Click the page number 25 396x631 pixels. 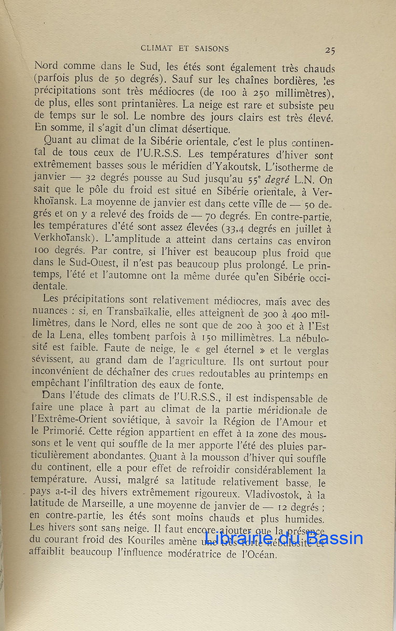tap(330, 50)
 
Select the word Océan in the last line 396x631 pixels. tap(260, 553)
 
